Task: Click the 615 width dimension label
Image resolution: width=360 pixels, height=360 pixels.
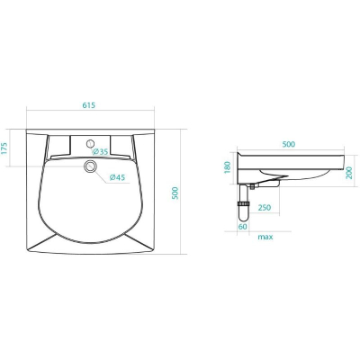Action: pyautogui.click(x=88, y=105)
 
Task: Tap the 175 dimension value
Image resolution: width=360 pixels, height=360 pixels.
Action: pyautogui.click(x=4, y=148)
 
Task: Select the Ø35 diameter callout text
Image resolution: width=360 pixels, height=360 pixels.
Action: pyautogui.click(x=100, y=151)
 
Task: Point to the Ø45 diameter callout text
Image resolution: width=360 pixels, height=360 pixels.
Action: pyautogui.click(x=117, y=177)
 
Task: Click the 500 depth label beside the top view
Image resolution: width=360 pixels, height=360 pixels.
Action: pyautogui.click(x=175, y=193)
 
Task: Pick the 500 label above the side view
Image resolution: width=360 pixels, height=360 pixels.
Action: pyautogui.click(x=289, y=144)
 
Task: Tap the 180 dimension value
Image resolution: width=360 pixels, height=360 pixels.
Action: pyautogui.click(x=228, y=167)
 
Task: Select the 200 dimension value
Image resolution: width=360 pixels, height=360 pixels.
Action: pyautogui.click(x=349, y=173)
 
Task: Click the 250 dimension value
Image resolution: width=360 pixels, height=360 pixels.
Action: pyautogui.click(x=265, y=207)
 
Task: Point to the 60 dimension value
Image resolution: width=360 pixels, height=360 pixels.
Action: pyautogui.click(x=243, y=227)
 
